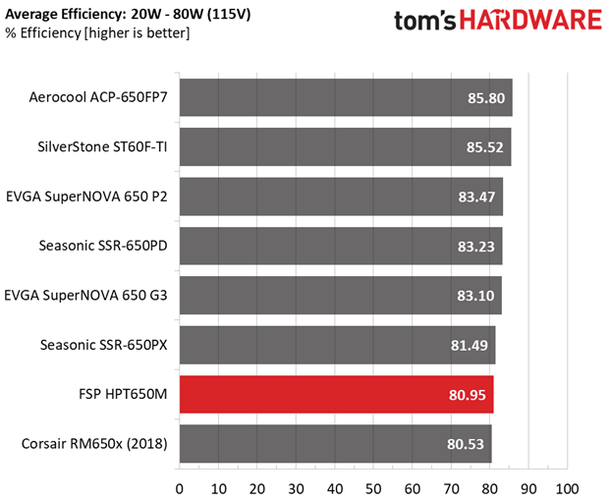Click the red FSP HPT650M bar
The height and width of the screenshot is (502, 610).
(337, 394)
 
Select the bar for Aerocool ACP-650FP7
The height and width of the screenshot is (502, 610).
(346, 97)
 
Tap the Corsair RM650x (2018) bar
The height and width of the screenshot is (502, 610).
(335, 444)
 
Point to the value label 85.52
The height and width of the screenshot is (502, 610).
(484, 147)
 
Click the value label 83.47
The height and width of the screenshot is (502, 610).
(476, 196)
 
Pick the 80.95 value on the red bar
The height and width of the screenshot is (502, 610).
(468, 395)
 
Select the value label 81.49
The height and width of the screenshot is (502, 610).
(470, 345)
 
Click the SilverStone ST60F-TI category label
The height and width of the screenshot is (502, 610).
(102, 146)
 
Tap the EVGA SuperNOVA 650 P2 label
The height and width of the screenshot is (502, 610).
(86, 196)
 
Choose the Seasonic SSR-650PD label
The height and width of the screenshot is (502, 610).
(103, 246)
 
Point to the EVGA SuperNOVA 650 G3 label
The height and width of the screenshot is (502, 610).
(85, 296)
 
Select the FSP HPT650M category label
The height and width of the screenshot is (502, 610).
(123, 394)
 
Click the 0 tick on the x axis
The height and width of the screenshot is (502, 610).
(180, 489)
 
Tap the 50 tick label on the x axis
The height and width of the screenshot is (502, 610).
(373, 489)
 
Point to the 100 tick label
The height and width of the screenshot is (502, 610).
(567, 489)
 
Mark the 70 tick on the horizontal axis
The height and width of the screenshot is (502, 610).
(451, 489)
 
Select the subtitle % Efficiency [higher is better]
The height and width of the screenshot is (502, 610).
(97, 33)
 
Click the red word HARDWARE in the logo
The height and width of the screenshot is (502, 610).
(530, 21)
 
